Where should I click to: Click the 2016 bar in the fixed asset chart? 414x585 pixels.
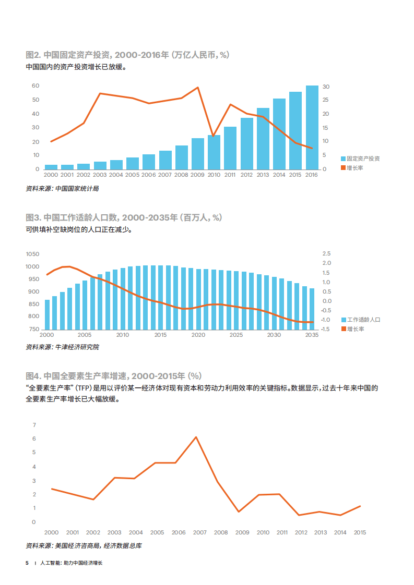click(x=312, y=128)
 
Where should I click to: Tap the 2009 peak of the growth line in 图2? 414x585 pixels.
click(x=198, y=88)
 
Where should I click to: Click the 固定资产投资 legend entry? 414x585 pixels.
click(x=360, y=159)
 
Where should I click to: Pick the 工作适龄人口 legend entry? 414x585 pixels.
click(x=360, y=319)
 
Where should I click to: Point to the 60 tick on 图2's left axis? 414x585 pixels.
click(x=36, y=86)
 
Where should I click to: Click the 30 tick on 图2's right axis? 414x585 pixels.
click(x=326, y=87)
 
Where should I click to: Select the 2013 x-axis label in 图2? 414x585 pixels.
click(x=263, y=175)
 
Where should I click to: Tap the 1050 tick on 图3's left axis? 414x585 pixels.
click(x=32, y=254)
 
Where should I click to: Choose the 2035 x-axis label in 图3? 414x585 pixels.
click(x=312, y=335)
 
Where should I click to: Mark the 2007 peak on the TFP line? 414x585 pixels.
click(x=196, y=437)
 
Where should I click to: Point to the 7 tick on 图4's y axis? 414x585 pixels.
click(x=33, y=425)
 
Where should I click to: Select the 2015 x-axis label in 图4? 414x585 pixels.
click(x=360, y=532)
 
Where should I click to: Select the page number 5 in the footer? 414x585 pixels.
click(x=27, y=564)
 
